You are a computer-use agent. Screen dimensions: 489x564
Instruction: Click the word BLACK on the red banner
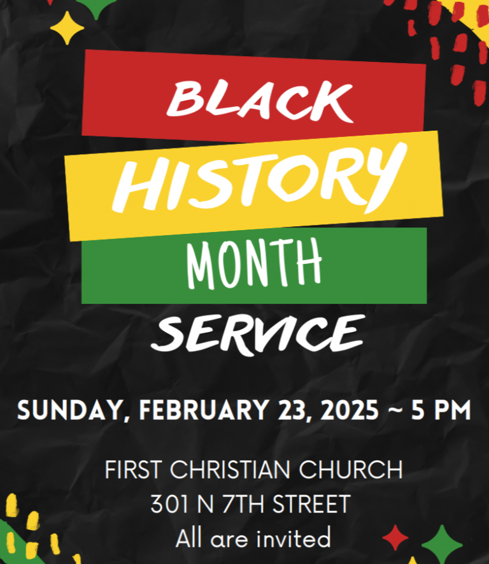click(x=260, y=100)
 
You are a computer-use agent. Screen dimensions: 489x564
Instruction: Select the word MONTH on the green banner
click(x=254, y=264)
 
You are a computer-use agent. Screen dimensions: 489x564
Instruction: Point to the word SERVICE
click(x=258, y=335)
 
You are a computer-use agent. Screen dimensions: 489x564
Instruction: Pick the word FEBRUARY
click(x=204, y=410)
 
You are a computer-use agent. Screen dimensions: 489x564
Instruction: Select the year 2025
click(x=349, y=410)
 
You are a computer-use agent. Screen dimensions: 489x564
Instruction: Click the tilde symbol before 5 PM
click(x=395, y=409)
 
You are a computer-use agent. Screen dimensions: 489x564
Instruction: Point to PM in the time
click(x=452, y=410)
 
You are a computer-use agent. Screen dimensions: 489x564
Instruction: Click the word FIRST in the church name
click(x=133, y=470)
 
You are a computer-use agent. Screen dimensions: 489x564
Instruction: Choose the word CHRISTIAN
click(x=230, y=470)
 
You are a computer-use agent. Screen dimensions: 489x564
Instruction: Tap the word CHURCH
click(x=351, y=470)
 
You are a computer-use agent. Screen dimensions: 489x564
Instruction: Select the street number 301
click(x=169, y=503)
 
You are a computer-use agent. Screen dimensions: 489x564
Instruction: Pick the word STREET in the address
click(x=311, y=503)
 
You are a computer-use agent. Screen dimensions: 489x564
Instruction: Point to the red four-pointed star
click(x=395, y=538)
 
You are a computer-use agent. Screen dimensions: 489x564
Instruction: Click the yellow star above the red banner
click(x=67, y=28)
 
